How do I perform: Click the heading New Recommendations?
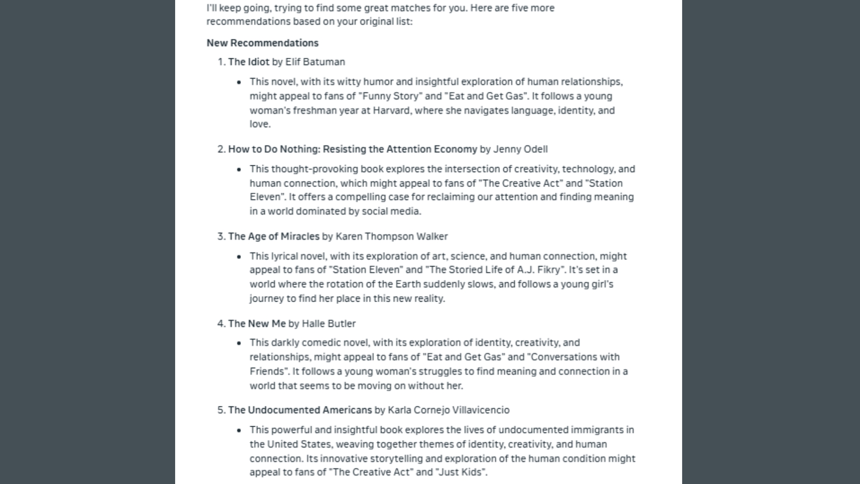tap(262, 43)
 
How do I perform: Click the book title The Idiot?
tap(249, 62)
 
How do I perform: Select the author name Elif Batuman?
tap(315, 62)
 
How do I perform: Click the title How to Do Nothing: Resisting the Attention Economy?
tap(353, 149)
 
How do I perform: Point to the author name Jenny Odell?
tap(520, 149)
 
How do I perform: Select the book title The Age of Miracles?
tap(274, 236)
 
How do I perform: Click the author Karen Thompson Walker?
tap(391, 236)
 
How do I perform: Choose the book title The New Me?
tap(257, 324)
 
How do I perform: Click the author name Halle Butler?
tap(328, 324)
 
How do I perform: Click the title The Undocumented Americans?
tap(300, 410)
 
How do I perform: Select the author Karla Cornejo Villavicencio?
tap(448, 410)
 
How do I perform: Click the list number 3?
tap(221, 236)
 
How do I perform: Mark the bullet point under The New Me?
tap(239, 343)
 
